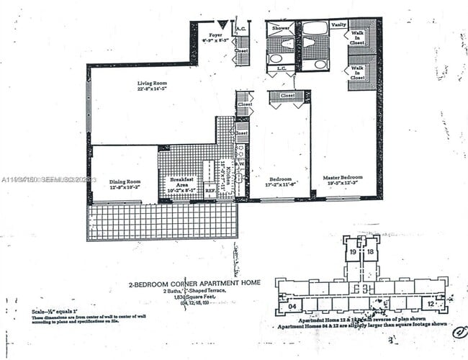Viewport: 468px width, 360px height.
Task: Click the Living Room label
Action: (152, 84)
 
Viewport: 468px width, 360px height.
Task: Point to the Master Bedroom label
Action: (343, 178)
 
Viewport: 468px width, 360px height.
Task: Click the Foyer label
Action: (215, 35)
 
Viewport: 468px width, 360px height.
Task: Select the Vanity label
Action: (338, 25)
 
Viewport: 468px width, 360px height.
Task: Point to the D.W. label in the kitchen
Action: (240, 162)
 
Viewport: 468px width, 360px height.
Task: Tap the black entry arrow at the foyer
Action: (223, 24)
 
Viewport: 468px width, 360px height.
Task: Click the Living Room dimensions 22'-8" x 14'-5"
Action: (152, 90)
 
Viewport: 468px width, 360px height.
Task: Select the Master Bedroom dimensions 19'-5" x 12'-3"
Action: (343, 184)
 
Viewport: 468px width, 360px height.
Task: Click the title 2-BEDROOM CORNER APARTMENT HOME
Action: (194, 283)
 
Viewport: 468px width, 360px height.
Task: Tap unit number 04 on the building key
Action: (292, 306)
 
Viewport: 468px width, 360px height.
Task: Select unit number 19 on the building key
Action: (353, 253)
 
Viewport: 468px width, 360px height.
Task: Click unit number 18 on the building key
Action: (370, 253)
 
